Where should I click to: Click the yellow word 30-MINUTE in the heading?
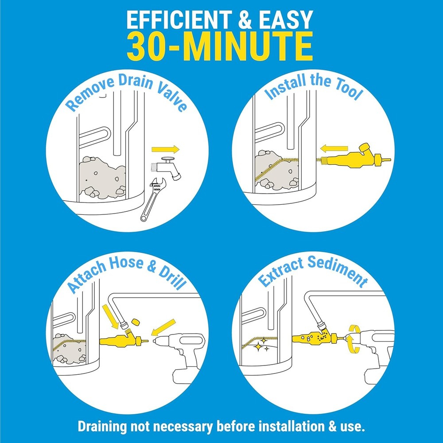click(220, 46)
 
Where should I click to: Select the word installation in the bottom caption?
click(290, 427)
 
